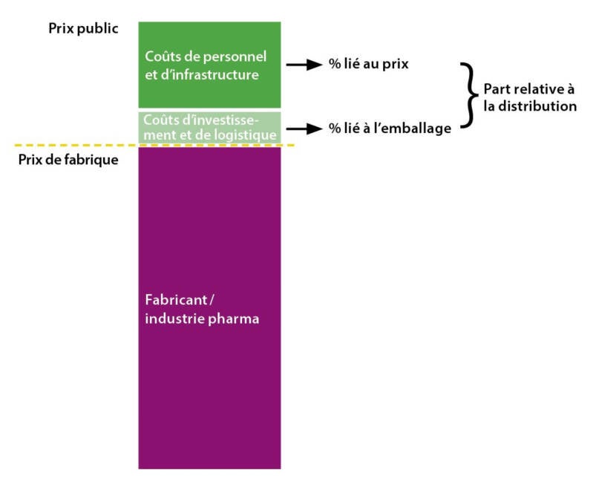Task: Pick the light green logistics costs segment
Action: pos(209,127)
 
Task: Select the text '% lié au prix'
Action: pos(368,65)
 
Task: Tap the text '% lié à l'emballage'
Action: pos(390,129)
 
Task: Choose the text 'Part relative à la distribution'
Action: pos(529,97)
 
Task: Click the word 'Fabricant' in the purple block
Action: pos(171,302)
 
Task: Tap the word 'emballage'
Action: pos(421,129)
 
